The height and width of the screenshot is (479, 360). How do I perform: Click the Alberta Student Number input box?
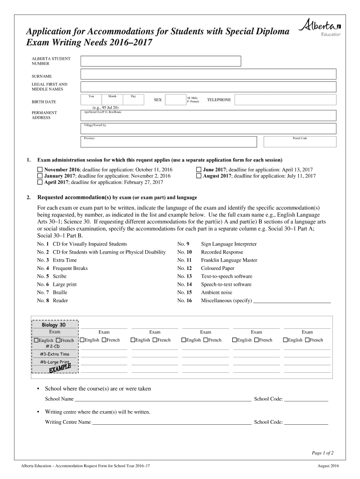tap(161, 61)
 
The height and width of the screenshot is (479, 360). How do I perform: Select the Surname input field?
tap(208, 74)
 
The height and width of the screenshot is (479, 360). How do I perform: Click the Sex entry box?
tap(175, 100)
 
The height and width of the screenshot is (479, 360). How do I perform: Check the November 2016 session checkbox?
tap(40, 169)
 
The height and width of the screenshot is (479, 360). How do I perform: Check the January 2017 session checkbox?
tap(40, 176)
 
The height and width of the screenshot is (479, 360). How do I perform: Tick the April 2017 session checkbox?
tap(40, 182)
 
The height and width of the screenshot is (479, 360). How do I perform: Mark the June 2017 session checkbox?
tap(199, 169)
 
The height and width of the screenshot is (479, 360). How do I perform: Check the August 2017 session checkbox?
tap(199, 176)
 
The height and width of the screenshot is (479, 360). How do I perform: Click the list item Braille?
tap(60, 292)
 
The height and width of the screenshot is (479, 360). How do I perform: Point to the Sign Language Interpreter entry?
tap(229, 244)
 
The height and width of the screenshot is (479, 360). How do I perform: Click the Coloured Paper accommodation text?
tap(217, 269)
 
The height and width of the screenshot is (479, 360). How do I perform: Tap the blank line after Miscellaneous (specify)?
tap(292, 301)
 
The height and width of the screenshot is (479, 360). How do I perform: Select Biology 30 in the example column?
tap(54, 325)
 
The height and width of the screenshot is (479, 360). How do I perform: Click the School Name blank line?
tap(163, 399)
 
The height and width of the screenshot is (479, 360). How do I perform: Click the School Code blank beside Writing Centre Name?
tap(306, 422)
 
